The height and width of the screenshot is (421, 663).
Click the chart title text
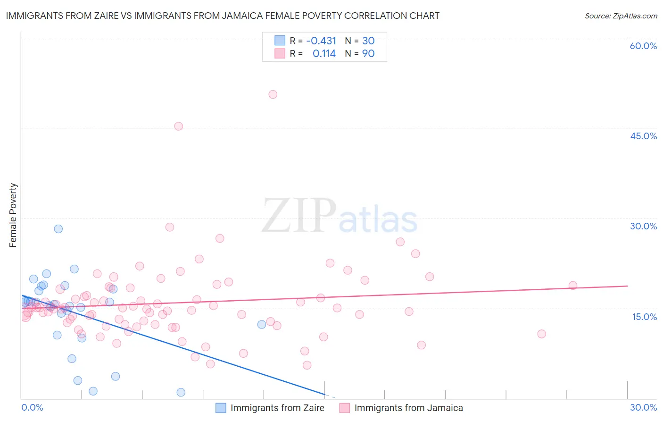click(223, 16)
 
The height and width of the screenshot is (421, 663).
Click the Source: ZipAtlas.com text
click(621, 16)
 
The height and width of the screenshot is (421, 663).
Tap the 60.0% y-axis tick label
click(643, 46)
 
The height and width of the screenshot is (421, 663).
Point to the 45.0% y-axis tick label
click(643, 136)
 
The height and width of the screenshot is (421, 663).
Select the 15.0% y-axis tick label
click(644, 317)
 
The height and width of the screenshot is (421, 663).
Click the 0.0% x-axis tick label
click(32, 407)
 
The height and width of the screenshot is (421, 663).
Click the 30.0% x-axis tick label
click(643, 407)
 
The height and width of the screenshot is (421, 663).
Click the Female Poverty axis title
click(13, 215)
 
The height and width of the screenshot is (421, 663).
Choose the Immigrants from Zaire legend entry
click(270, 408)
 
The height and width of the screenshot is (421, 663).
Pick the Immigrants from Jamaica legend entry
click(401, 408)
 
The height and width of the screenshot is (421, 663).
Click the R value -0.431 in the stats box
click(321, 41)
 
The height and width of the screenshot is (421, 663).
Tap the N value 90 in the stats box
click(368, 54)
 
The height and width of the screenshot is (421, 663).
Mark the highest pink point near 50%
click(273, 94)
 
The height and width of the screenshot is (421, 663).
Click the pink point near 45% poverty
click(178, 126)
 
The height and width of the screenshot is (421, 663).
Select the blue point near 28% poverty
click(58, 229)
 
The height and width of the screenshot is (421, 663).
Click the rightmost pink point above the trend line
click(573, 286)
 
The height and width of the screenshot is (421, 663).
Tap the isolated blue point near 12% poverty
click(262, 324)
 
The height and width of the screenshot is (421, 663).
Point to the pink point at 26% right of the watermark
click(400, 242)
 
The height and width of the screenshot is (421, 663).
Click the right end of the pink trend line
click(627, 286)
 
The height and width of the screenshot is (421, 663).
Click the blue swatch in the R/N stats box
click(280, 41)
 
